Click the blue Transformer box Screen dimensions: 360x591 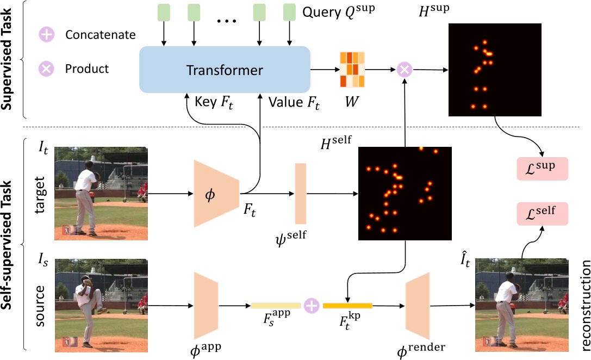click(225, 70)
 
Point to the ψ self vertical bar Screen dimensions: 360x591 click(301, 193)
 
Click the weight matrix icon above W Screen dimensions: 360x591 click(351, 70)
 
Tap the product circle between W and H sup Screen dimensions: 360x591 click(405, 70)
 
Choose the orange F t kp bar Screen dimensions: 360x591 click(347, 306)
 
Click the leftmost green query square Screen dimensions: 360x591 click(163, 11)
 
